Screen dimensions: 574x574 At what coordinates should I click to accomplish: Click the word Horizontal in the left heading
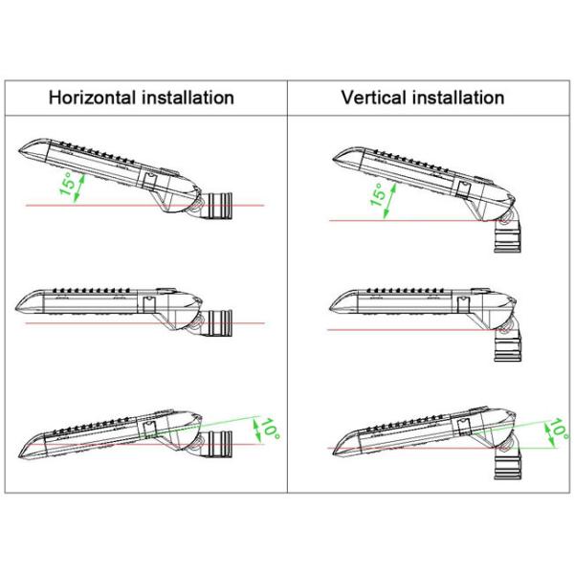pos(92,98)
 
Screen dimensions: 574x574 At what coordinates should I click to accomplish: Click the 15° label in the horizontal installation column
pos(67,184)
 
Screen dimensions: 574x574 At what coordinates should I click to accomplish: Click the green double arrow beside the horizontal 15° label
pos(79,188)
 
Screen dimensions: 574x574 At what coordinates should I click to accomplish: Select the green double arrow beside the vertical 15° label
pos(390,201)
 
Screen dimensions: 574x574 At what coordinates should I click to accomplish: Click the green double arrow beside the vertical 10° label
pos(549,434)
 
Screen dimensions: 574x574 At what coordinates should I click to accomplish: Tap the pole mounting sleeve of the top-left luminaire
pos(220,206)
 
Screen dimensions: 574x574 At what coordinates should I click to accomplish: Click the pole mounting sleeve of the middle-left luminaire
pos(220,322)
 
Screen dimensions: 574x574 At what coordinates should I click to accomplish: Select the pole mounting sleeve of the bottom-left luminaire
pos(220,444)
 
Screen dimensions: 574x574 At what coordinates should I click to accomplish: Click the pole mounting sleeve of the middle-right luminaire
pos(508,347)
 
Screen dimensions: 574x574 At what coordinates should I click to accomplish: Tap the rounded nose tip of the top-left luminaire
pos(19,150)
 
